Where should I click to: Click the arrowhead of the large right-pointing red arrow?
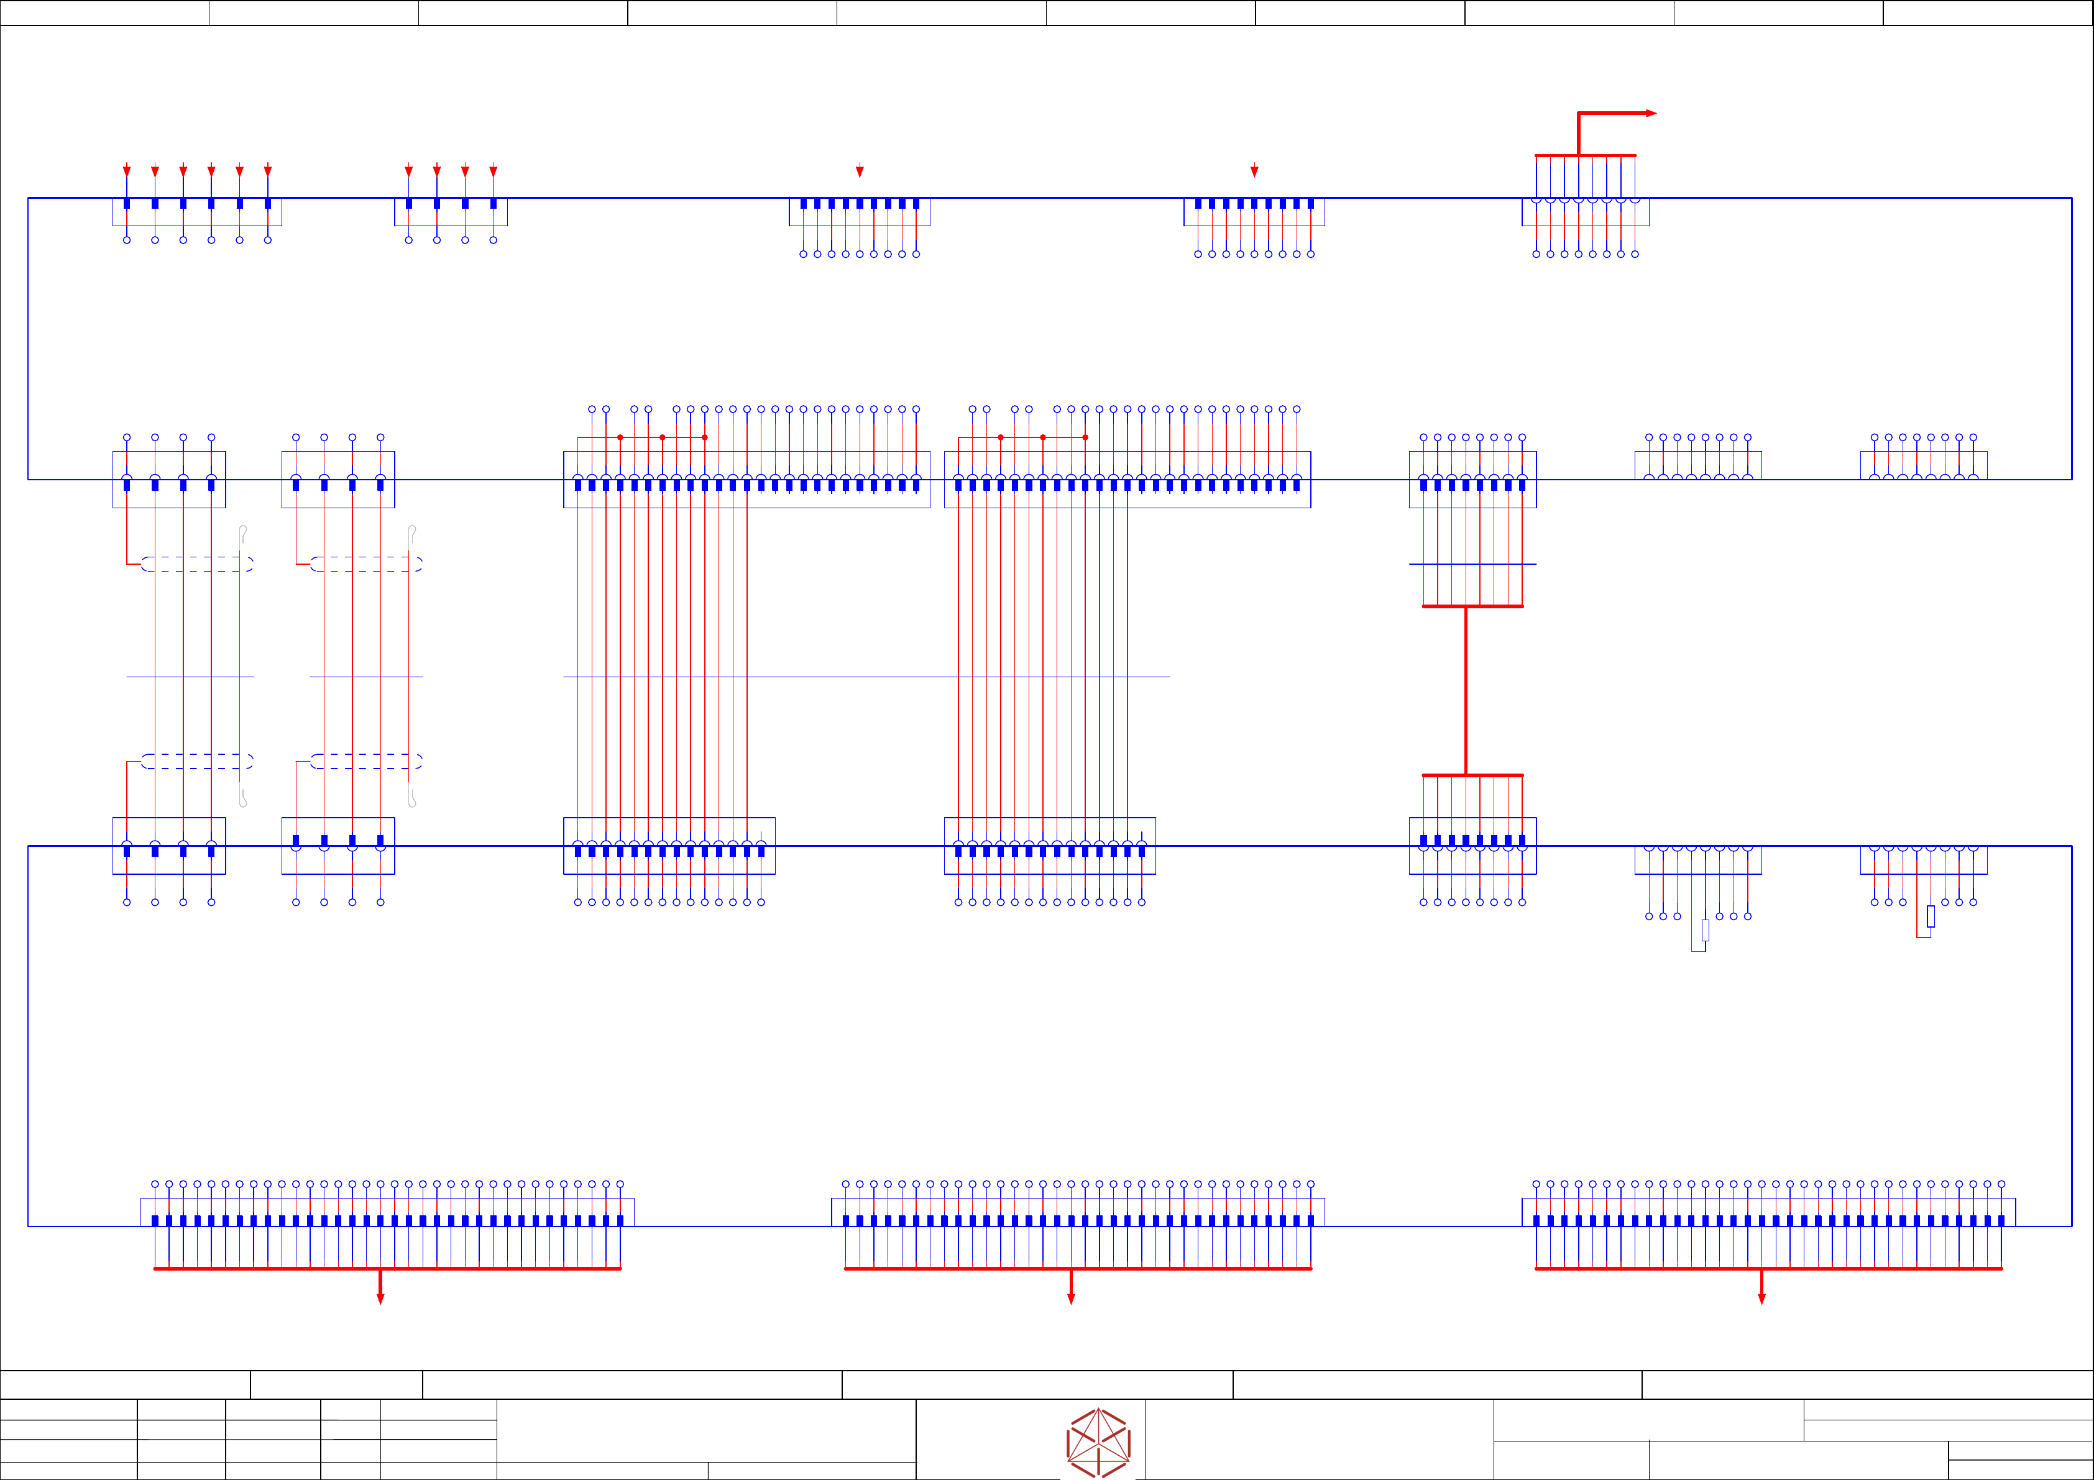(x=1651, y=113)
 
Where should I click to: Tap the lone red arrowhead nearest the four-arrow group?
(x=859, y=170)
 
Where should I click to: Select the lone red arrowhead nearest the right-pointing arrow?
(x=1254, y=170)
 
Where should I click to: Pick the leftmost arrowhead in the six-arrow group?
(x=127, y=170)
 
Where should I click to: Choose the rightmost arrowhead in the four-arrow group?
(x=494, y=170)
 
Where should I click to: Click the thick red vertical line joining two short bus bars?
(x=1466, y=690)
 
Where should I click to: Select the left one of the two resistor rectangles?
(x=1704, y=930)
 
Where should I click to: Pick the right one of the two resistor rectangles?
(x=1930, y=916)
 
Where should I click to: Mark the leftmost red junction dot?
(x=620, y=437)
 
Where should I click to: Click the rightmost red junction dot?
(x=1085, y=437)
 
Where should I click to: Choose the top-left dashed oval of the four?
(x=197, y=564)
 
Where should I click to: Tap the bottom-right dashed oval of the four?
(x=365, y=761)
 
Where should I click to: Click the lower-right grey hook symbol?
(x=412, y=797)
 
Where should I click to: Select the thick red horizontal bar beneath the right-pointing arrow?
(x=1585, y=156)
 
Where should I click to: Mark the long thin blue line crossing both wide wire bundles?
(x=866, y=677)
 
